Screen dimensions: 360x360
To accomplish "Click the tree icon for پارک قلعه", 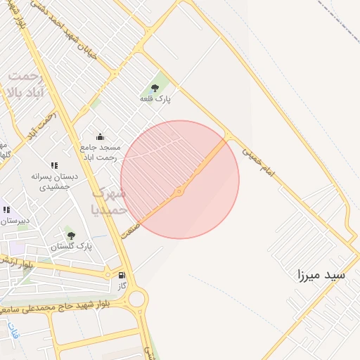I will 155,88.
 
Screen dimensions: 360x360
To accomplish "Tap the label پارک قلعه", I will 155,99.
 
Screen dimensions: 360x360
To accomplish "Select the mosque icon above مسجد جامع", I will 100,136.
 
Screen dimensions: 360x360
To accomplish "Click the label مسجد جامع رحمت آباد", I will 101,153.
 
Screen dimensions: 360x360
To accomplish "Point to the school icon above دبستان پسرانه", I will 54,166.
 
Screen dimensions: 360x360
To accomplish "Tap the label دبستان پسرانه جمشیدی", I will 54,181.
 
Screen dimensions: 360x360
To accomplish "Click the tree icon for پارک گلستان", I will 70,236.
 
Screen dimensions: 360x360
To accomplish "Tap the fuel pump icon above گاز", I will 122,275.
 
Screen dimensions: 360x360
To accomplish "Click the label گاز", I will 122,286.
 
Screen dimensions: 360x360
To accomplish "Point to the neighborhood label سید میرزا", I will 321,275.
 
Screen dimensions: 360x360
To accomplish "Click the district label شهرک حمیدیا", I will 109,200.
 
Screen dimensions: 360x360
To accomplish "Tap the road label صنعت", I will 131,229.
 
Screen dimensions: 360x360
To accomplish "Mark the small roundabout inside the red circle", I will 179,191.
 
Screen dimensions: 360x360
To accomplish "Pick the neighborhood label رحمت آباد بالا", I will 25,84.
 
